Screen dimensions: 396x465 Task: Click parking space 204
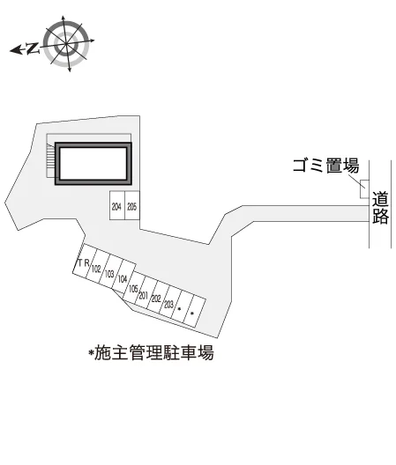(117, 205)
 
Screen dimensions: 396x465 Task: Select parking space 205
(132, 205)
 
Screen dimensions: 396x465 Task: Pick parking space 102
(96, 267)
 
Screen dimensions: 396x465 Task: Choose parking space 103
(109, 273)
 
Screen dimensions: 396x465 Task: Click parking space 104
(123, 278)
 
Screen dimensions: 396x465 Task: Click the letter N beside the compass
(33, 48)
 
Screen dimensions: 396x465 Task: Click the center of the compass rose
(66, 44)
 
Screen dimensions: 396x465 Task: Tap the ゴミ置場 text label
(326, 166)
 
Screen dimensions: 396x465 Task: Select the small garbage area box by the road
(364, 188)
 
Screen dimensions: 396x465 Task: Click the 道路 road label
(380, 208)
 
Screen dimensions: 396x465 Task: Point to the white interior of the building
(93, 164)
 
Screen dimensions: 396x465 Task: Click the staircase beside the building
(51, 160)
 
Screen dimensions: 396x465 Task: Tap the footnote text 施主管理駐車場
(154, 352)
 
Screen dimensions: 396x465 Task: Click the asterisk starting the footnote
(91, 351)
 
